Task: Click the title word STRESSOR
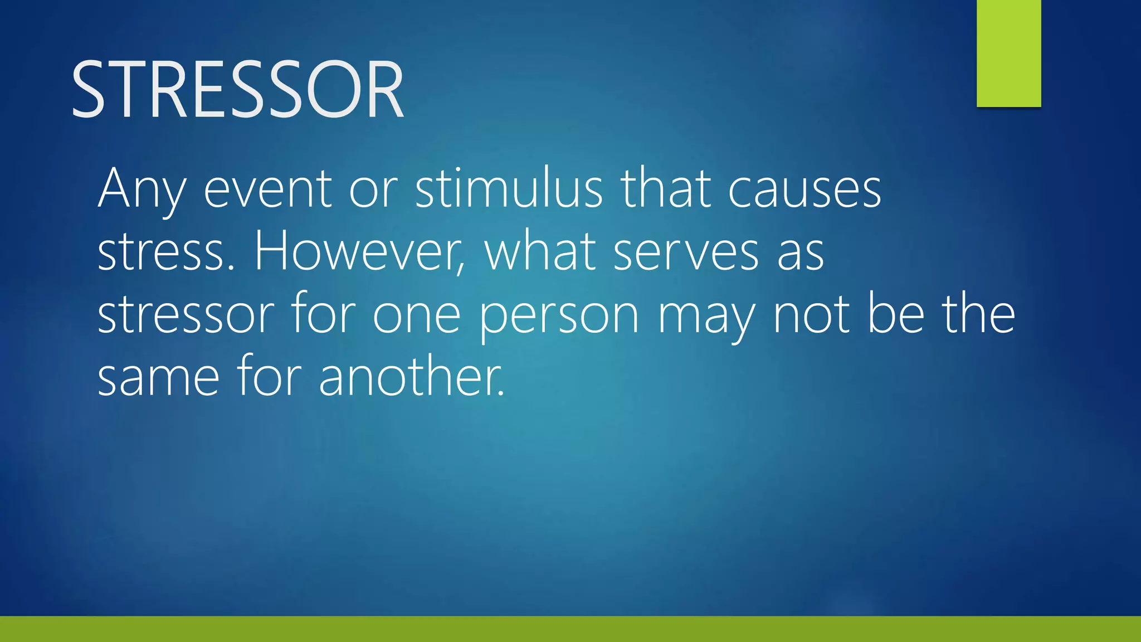pyautogui.click(x=237, y=90)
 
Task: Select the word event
pyautogui.click(x=268, y=189)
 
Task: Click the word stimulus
pyautogui.click(x=509, y=188)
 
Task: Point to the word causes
pyautogui.click(x=804, y=189)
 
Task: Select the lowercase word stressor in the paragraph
pyautogui.click(x=186, y=315)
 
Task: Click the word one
pyautogui.click(x=416, y=316)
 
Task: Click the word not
pyautogui.click(x=812, y=315)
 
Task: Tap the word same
pyautogui.click(x=158, y=378)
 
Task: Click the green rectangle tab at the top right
pyautogui.click(x=1008, y=53)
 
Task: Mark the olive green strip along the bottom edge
pyautogui.click(x=570, y=629)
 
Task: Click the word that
pyautogui.click(x=666, y=188)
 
